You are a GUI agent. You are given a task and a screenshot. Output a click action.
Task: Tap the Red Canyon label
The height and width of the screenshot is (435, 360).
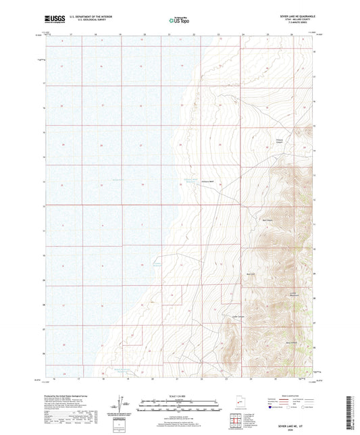267,219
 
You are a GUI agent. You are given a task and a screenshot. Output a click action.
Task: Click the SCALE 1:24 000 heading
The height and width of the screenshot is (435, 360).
178,395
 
